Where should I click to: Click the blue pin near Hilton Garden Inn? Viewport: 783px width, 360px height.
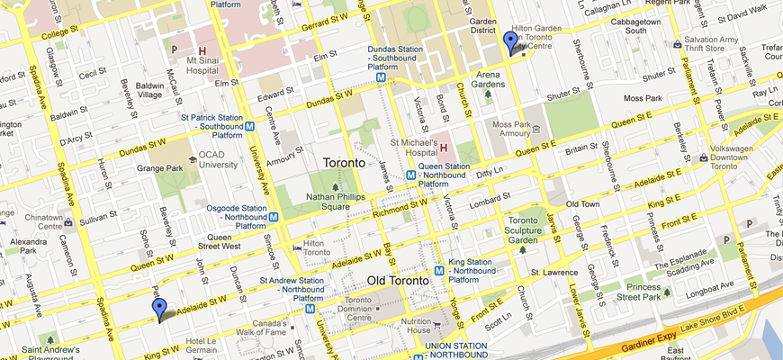pyautogui.click(x=510, y=42)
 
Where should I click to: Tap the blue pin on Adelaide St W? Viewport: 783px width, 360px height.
pyautogui.click(x=159, y=310)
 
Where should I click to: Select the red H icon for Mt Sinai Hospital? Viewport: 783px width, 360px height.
pyautogui.click(x=202, y=50)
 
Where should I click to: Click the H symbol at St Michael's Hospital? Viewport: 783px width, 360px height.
pyautogui.click(x=443, y=147)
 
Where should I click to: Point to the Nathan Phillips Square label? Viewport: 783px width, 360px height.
pyautogui.click(x=336, y=201)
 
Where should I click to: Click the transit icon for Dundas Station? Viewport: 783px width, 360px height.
pyautogui.click(x=382, y=77)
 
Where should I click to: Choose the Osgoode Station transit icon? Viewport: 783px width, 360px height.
pyautogui.click(x=285, y=216)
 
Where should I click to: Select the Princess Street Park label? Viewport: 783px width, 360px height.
pyautogui.click(x=631, y=291)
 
